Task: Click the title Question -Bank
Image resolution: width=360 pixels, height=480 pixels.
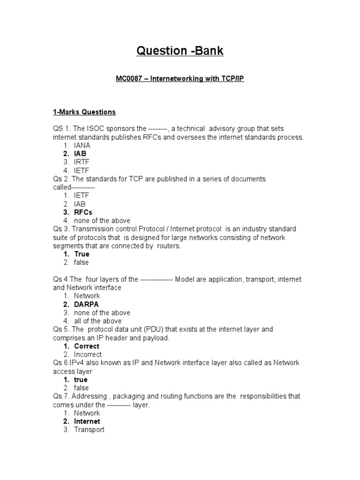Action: (x=180, y=51)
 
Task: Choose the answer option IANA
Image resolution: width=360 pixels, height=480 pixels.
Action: (x=82, y=145)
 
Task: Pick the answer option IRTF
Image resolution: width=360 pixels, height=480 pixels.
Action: (x=82, y=162)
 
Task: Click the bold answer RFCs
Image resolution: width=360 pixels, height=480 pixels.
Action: (x=83, y=212)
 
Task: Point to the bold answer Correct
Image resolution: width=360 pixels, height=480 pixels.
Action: (x=87, y=346)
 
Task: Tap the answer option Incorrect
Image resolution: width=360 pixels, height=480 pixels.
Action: (x=88, y=354)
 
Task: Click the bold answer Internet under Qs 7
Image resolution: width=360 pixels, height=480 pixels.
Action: (x=87, y=421)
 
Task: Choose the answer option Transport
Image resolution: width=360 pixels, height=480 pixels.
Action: (x=89, y=430)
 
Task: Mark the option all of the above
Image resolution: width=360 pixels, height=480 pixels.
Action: (x=97, y=321)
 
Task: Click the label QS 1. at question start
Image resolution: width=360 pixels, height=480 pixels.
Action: (x=60, y=128)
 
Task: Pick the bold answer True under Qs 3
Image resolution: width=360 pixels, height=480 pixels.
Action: (x=82, y=254)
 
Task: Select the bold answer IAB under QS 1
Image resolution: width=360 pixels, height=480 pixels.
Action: (x=80, y=154)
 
